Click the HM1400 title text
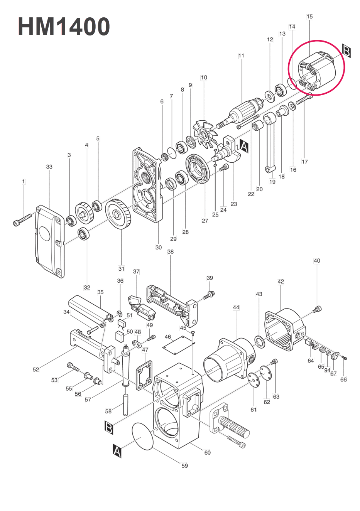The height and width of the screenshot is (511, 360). [x=64, y=27]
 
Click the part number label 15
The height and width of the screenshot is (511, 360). [x=309, y=17]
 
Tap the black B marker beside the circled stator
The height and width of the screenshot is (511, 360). [x=346, y=51]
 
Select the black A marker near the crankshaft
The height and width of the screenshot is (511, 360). [x=244, y=145]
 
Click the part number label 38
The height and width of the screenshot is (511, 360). [x=170, y=251]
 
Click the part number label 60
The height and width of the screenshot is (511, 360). [x=207, y=452]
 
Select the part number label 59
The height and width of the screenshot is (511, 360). [x=184, y=465]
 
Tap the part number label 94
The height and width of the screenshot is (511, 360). [x=327, y=370]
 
